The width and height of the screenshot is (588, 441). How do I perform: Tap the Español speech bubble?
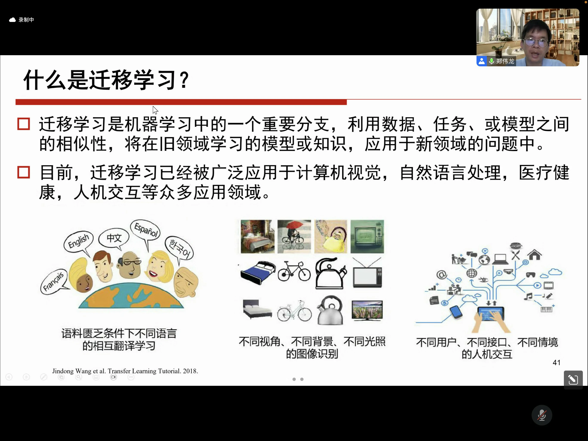pos(146,230)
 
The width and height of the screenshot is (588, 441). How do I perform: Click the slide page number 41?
pos(556,363)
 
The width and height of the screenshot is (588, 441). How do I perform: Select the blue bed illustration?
pos(258,273)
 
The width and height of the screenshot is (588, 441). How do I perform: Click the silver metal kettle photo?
pos(330,311)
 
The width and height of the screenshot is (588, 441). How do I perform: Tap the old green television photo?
pos(367,236)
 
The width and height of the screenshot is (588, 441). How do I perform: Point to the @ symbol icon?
pos(441,275)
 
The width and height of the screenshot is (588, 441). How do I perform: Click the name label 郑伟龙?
pos(505,61)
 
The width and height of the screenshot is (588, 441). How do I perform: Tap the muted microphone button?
pos(542,415)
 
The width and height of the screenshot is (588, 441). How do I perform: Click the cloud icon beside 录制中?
pos(12,20)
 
